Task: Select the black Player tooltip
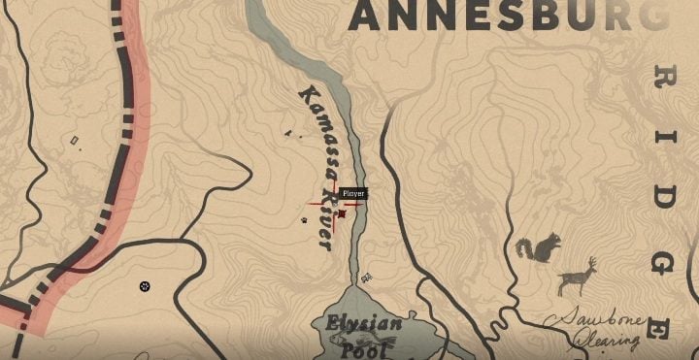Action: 353,194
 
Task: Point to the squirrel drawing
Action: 537,248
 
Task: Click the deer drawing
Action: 579,278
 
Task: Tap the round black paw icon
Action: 145,286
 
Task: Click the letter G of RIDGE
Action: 663,264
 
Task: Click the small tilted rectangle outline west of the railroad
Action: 75,142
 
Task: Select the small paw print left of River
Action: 304,220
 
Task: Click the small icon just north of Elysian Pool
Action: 366,278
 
